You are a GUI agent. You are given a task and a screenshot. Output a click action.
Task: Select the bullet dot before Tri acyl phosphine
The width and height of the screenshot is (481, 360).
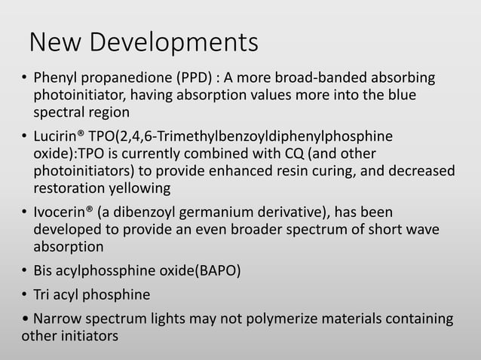click(24, 295)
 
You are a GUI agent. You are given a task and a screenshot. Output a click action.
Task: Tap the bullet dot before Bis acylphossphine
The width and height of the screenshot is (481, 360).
click(24, 270)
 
